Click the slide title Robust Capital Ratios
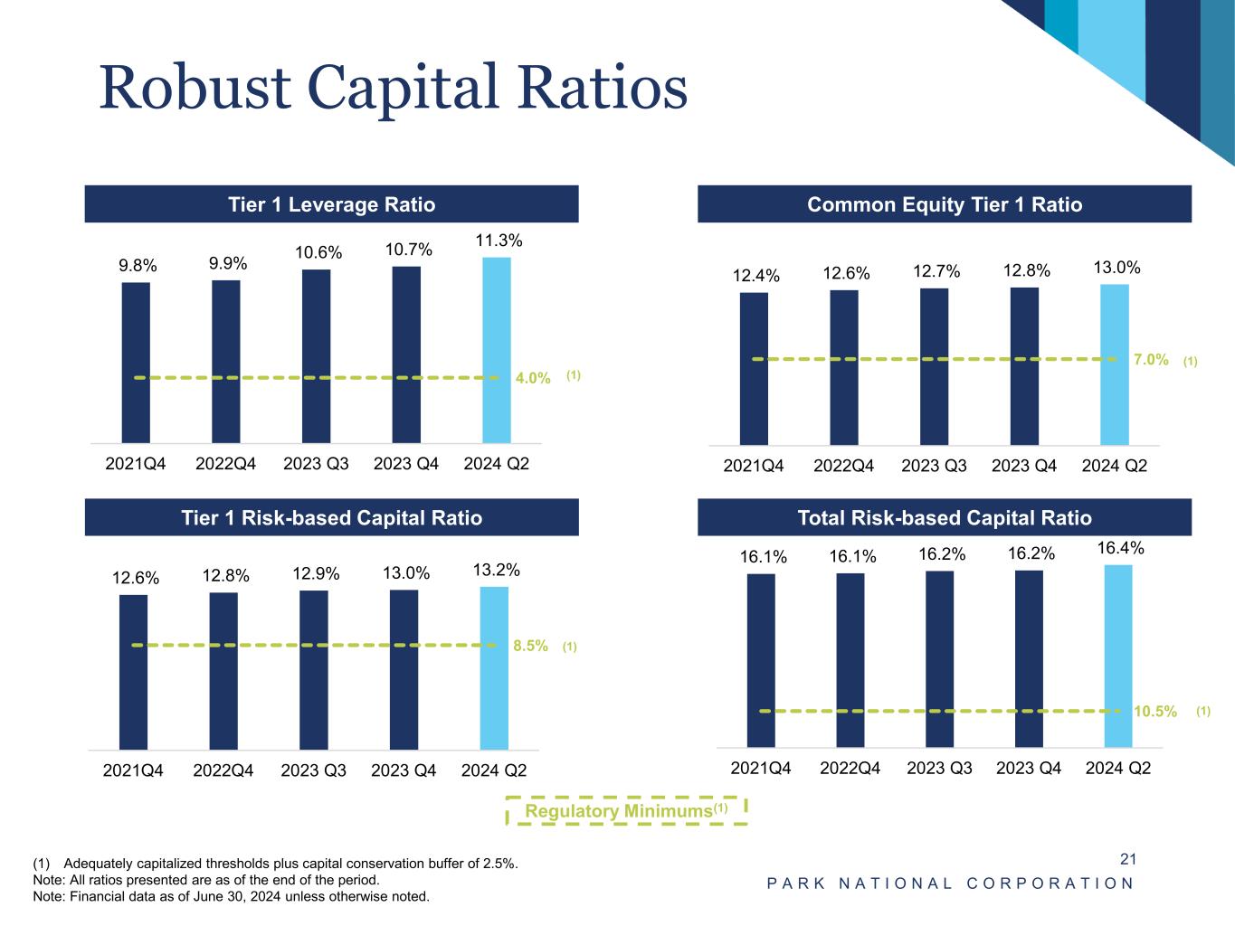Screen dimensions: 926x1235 tap(393, 89)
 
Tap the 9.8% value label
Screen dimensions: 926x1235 tap(138, 265)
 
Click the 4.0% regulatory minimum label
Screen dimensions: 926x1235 tap(533, 378)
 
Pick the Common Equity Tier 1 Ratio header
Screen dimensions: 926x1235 tap(944, 204)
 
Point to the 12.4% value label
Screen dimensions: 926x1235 tap(755, 276)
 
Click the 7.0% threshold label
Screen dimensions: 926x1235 tap(1151, 360)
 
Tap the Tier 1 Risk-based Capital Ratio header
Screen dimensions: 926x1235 tap(331, 518)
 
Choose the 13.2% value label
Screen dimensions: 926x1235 tap(496, 570)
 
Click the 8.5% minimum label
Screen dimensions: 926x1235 tap(530, 646)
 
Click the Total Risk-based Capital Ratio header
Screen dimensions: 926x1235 tap(944, 518)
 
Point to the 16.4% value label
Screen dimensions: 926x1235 tap(1120, 548)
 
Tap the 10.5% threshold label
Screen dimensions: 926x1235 tap(1155, 712)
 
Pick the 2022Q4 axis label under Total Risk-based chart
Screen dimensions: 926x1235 tap(850, 769)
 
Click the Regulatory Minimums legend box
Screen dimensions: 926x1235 tap(625, 811)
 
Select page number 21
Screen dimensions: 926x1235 tap(1127, 859)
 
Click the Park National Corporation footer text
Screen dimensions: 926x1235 tap(950, 883)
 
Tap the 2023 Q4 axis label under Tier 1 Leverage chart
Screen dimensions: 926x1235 tap(405, 464)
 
